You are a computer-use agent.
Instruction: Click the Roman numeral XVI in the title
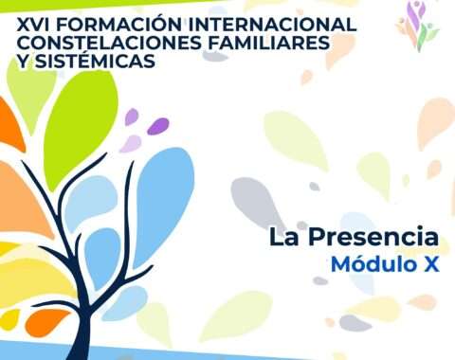click(33, 25)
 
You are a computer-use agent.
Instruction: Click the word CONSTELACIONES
click(109, 43)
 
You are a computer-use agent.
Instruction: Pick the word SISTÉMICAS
click(95, 60)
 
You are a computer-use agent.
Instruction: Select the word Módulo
click(373, 263)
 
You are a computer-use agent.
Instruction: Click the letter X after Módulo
click(431, 264)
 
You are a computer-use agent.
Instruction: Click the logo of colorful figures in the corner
click(418, 26)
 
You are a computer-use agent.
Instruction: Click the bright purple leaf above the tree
click(157, 126)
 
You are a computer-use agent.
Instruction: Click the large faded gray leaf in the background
click(256, 202)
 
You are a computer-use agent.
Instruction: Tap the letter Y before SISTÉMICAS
click(23, 60)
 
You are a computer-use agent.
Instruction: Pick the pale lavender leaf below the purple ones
click(130, 144)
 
